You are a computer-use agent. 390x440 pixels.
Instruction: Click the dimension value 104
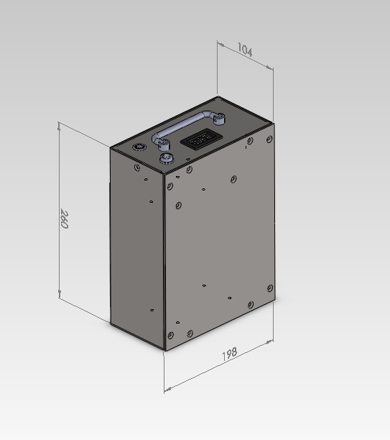point(245,50)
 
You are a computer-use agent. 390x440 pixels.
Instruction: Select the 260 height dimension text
point(64,219)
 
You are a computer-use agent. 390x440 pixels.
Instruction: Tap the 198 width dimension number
point(230,354)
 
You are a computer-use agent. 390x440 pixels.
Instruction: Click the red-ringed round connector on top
point(139,147)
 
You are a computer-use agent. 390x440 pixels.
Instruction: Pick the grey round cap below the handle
point(167,159)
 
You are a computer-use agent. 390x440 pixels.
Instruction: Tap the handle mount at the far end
point(218,119)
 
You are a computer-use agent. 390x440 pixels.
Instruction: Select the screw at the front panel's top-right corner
point(269,139)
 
